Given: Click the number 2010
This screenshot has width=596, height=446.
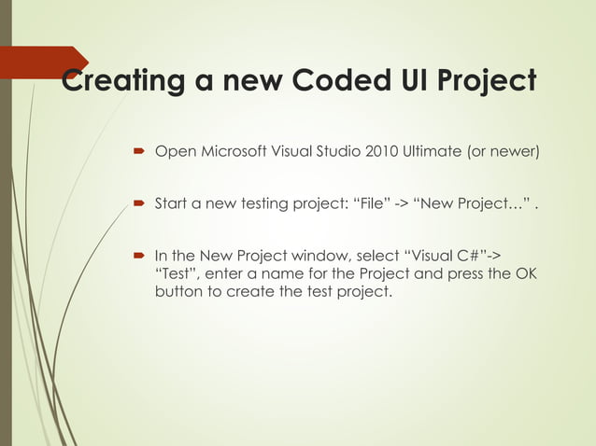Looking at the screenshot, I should click(x=381, y=151).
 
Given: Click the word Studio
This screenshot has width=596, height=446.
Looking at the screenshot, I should click(x=333, y=151).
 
